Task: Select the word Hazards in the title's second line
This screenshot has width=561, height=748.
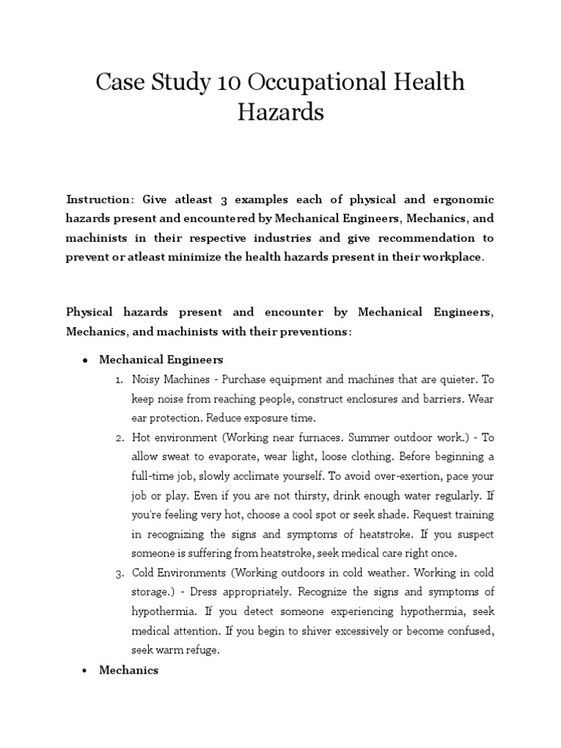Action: (280, 113)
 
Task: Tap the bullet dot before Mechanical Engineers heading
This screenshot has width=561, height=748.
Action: (85, 360)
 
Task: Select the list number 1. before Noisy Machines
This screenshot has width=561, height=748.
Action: (120, 380)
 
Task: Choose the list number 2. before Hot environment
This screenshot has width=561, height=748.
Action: (120, 437)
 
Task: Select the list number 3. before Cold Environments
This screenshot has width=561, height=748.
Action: (120, 572)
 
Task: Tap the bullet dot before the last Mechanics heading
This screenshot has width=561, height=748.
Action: (85, 670)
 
